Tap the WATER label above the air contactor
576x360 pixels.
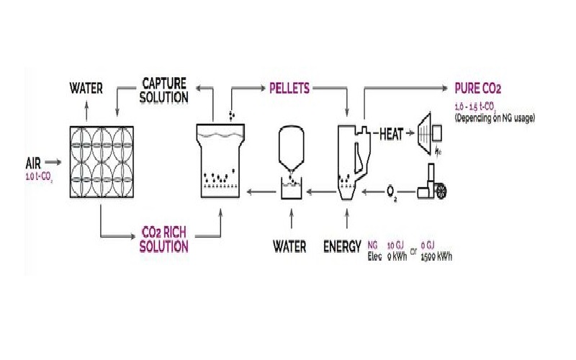86,89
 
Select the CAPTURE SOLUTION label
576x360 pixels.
165,89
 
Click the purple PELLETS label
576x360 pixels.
289,89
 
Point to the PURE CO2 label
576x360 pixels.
477,89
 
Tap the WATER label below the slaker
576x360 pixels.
289,246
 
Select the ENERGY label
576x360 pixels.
342,246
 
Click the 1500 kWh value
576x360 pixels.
437,256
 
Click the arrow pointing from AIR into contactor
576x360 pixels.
55,162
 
